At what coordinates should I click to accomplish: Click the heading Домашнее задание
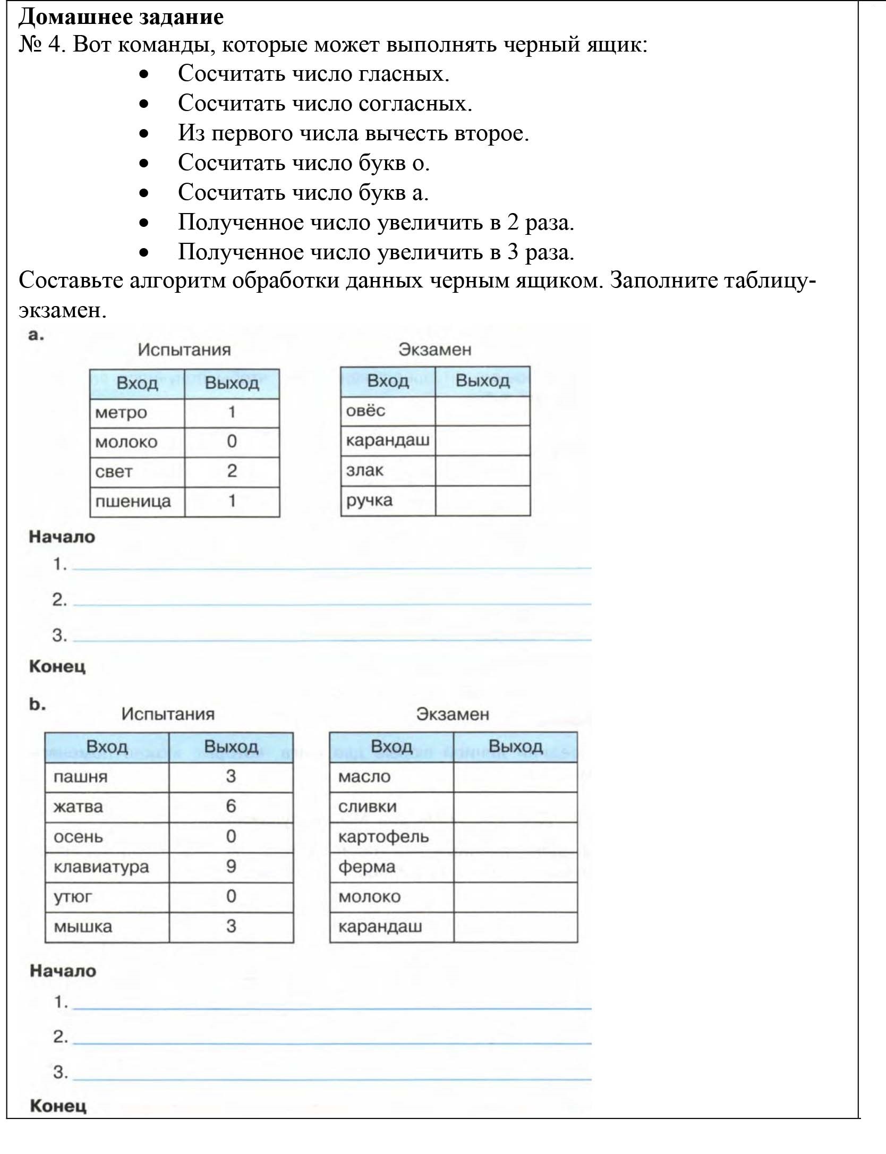(x=121, y=17)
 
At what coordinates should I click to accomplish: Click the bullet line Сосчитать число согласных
(x=325, y=103)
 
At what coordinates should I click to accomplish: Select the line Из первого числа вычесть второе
(x=353, y=133)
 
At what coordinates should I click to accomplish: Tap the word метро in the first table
(x=121, y=412)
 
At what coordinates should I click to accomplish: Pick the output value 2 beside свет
(x=232, y=471)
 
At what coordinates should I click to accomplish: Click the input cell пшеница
(x=133, y=501)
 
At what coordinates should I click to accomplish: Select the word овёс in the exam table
(x=365, y=411)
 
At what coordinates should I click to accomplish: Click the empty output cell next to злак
(x=482, y=470)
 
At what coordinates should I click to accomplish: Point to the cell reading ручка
(x=369, y=500)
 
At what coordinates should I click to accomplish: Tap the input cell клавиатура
(x=101, y=867)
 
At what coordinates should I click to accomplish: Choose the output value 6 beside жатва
(x=231, y=806)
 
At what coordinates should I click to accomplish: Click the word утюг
(x=73, y=897)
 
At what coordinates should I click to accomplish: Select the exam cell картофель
(x=384, y=837)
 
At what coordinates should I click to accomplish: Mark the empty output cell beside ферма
(x=515, y=867)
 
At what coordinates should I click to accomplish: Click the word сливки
(x=367, y=807)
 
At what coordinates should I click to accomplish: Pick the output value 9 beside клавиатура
(x=231, y=866)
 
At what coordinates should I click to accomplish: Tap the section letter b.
(x=37, y=705)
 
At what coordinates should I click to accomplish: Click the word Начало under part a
(x=62, y=537)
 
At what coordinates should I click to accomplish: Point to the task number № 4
(x=41, y=45)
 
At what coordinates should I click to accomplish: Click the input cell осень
(x=78, y=837)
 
